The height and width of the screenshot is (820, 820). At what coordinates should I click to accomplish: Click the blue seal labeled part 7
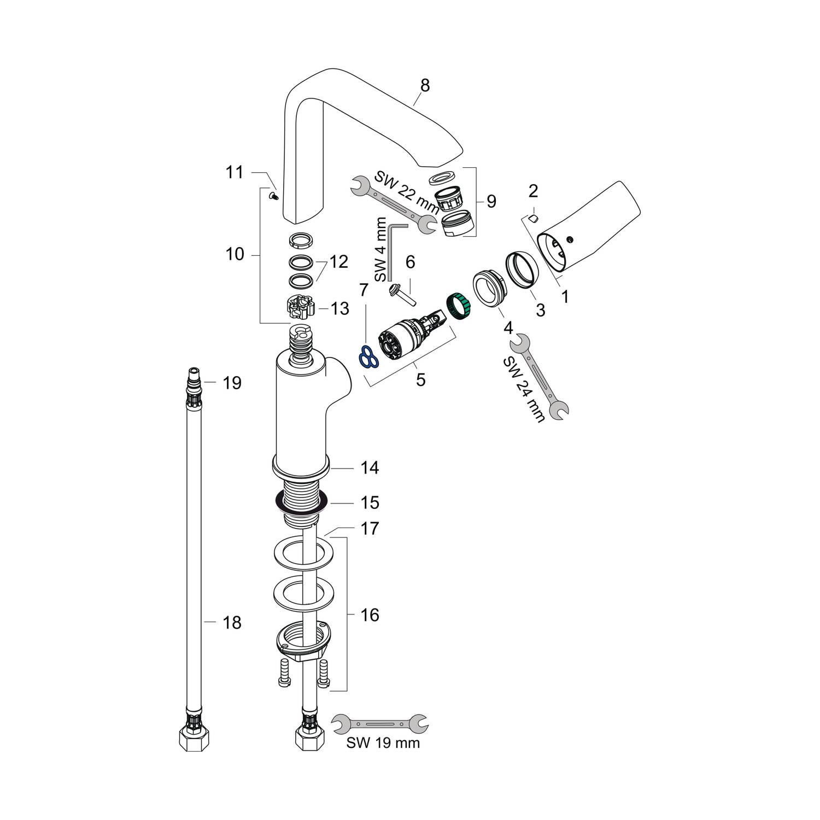[x=368, y=356]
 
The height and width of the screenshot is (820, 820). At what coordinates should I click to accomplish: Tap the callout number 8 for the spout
[x=425, y=86]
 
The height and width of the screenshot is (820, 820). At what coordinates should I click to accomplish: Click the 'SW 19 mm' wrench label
[x=383, y=743]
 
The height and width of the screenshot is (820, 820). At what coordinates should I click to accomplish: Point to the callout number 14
[x=370, y=467]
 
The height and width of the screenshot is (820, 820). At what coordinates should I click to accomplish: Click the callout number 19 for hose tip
[x=232, y=383]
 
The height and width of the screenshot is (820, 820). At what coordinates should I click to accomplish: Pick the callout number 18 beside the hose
[x=232, y=623]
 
